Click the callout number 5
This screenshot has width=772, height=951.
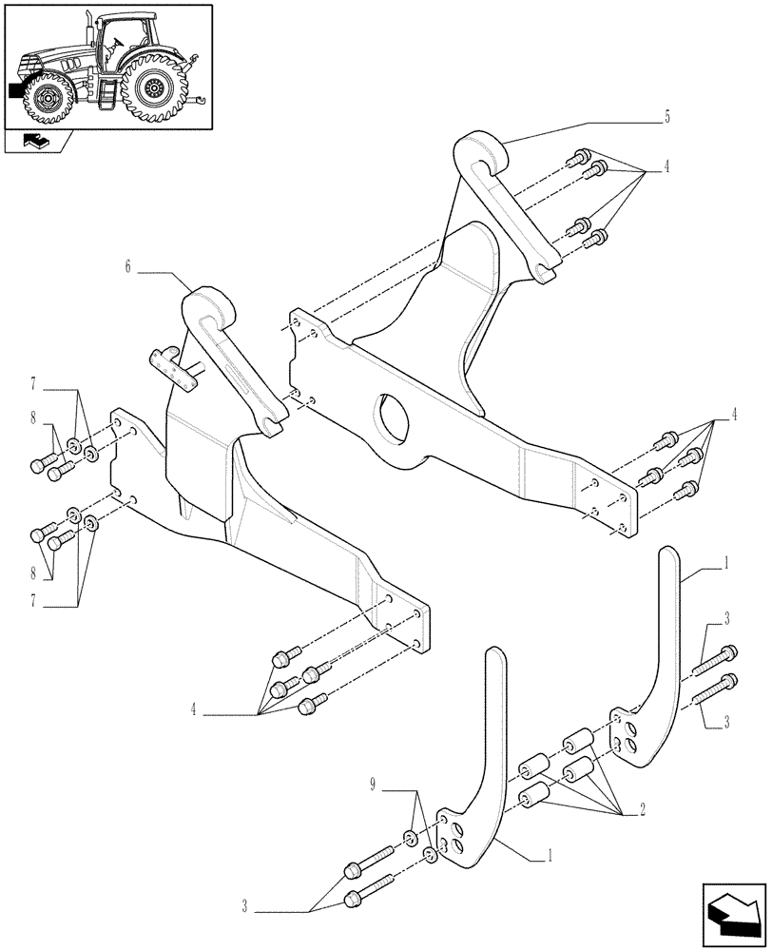[667, 117]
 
